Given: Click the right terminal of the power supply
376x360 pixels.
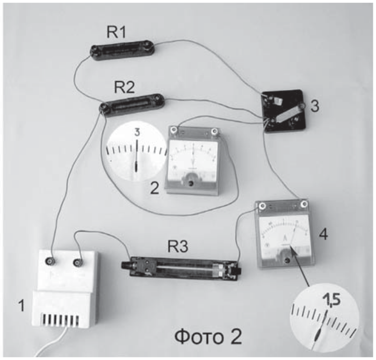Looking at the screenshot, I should (78, 263).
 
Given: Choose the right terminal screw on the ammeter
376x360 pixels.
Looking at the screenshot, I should (305, 205).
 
